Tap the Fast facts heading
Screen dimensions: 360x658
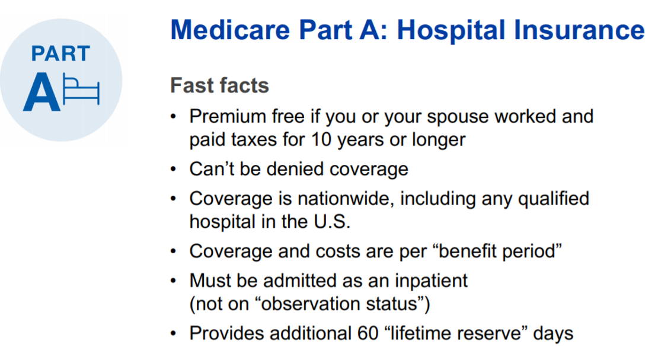(x=219, y=85)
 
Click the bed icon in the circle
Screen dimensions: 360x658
(x=82, y=91)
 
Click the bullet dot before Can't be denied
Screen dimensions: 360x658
(x=173, y=170)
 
